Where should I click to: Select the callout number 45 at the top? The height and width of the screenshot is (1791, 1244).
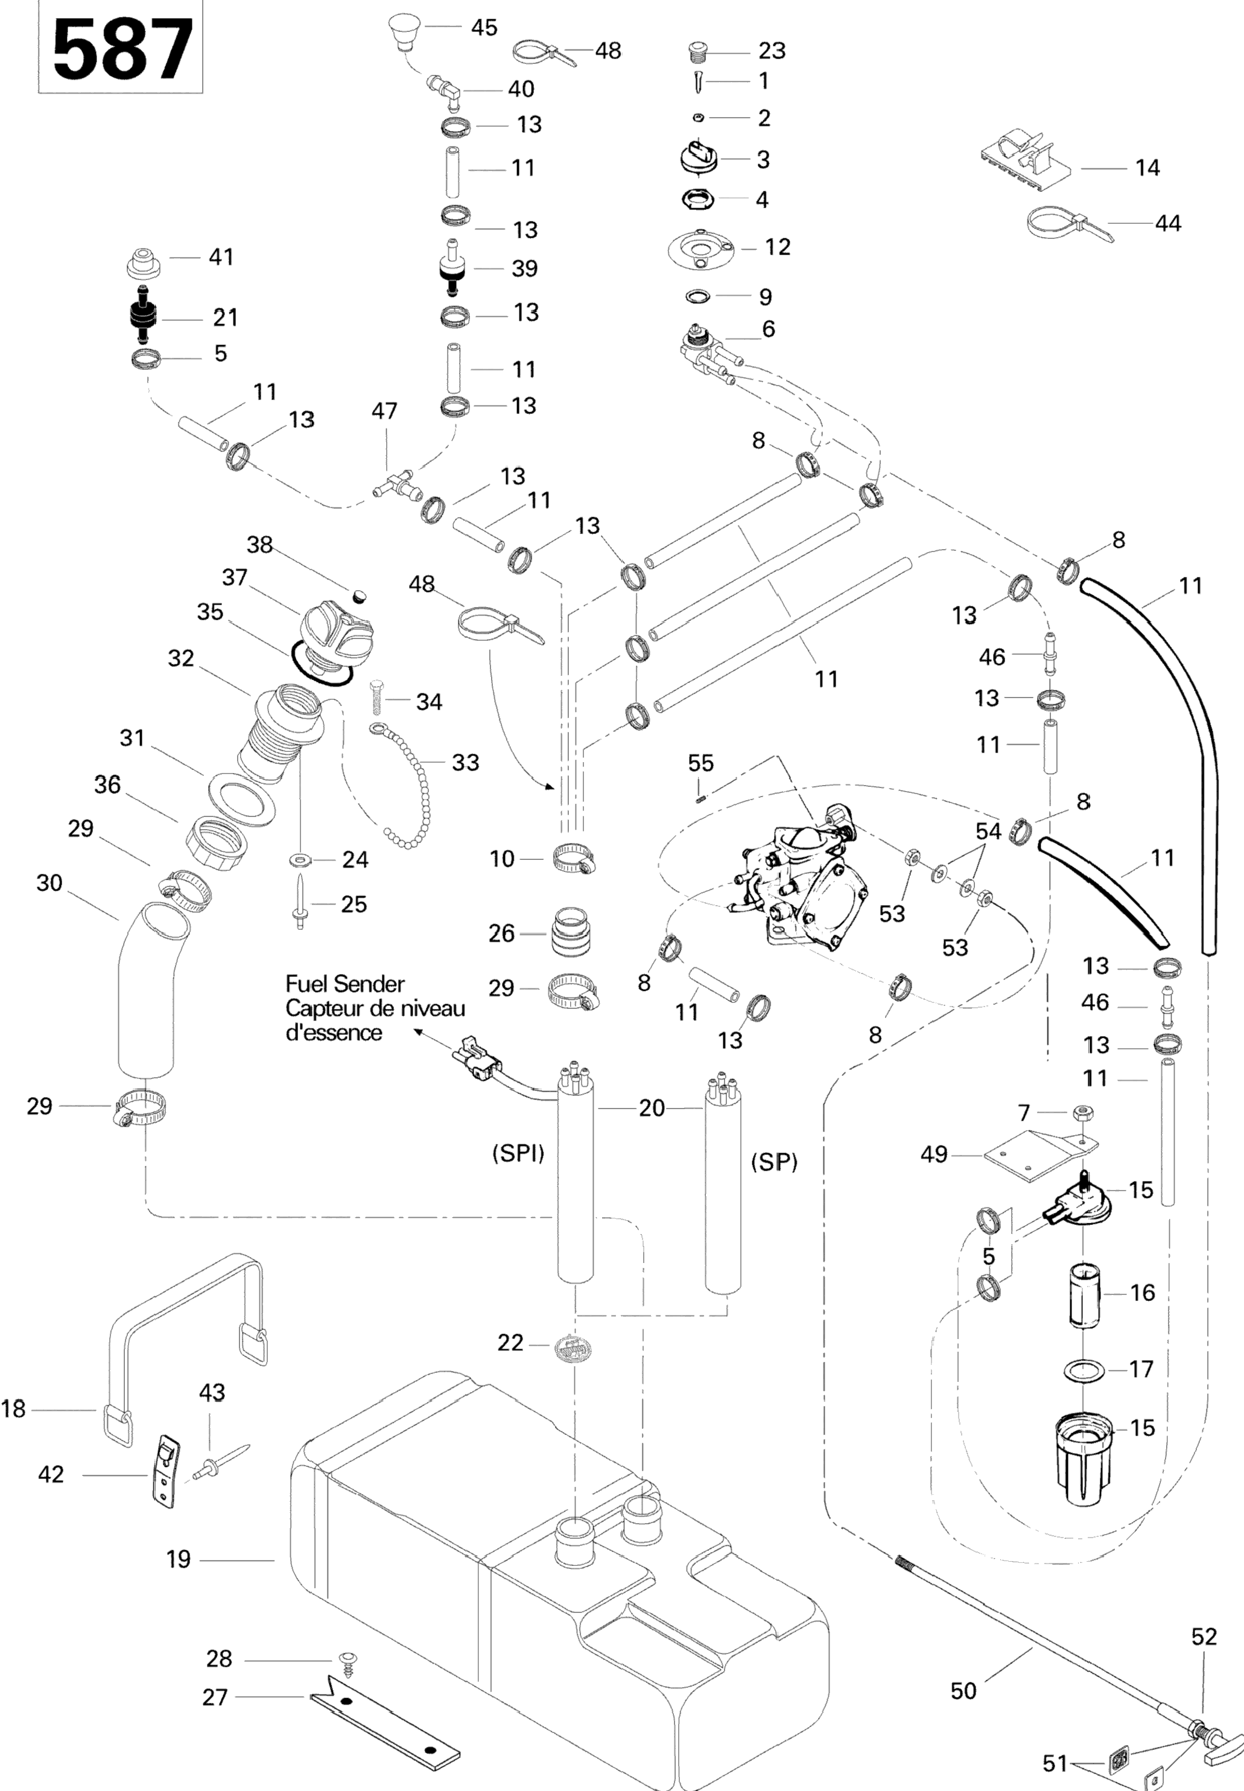coord(484,28)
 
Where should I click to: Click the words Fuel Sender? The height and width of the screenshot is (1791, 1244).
coord(344,984)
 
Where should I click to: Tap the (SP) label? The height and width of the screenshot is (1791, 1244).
coord(774,1163)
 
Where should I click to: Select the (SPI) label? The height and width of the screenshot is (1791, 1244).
coord(518,1153)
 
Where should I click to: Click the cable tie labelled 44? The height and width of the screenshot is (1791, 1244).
coord(1068,224)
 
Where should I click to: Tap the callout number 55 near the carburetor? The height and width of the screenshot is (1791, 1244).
coord(700,763)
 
